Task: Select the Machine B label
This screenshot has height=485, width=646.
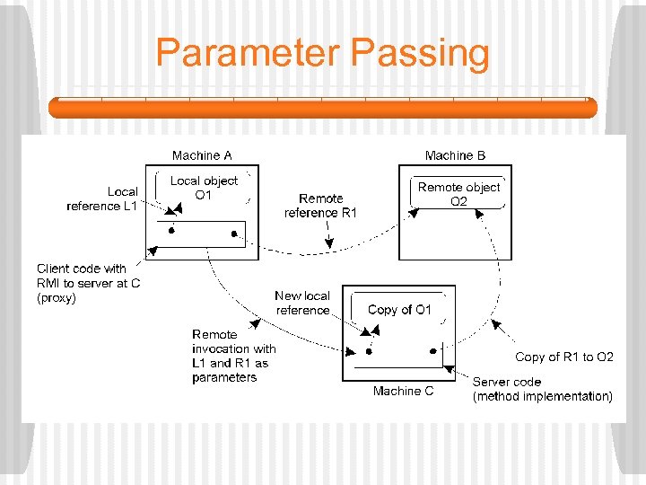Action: pos(455,155)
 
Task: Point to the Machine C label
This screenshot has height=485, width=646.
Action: pos(403,391)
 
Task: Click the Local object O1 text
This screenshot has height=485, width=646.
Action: pos(204,188)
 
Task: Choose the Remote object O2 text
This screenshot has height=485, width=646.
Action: pos(458,194)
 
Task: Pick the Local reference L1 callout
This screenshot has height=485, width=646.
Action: pos(102,198)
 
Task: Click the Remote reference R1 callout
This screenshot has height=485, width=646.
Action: pos(320,206)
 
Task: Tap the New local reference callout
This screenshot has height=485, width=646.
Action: pos(302,303)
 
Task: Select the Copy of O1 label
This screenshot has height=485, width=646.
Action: pos(399,310)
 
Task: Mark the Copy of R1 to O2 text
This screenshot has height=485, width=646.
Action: pos(564,357)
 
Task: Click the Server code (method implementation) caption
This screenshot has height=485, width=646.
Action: pos(543,389)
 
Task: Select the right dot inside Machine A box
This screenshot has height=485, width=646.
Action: pos(234,234)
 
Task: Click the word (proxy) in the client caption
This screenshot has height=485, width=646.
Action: pos(57,298)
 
